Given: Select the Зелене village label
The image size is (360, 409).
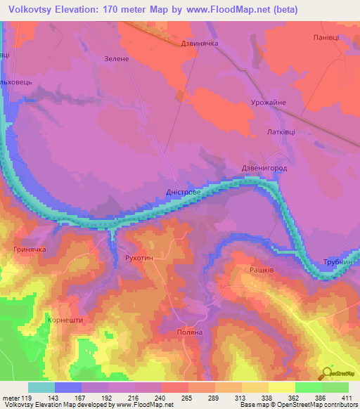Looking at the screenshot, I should point(116,59).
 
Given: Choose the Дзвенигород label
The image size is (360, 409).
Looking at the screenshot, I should point(264,169).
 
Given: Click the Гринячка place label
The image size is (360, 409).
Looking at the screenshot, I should point(30,249).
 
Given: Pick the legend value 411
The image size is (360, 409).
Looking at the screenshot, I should point(343,397).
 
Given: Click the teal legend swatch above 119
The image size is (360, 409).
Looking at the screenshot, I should point(41,387).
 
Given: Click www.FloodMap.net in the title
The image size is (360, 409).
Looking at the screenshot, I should point(224,10).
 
